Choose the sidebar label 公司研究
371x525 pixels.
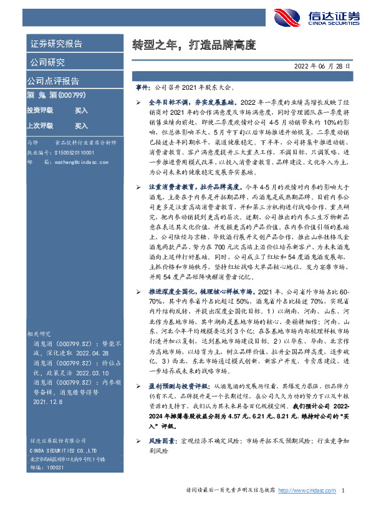46,62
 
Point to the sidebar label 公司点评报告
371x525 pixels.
52,80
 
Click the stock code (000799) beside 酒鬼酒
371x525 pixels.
72,95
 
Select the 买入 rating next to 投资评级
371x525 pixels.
82,110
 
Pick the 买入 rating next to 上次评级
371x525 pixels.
82,125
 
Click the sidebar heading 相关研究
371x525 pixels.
38,334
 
